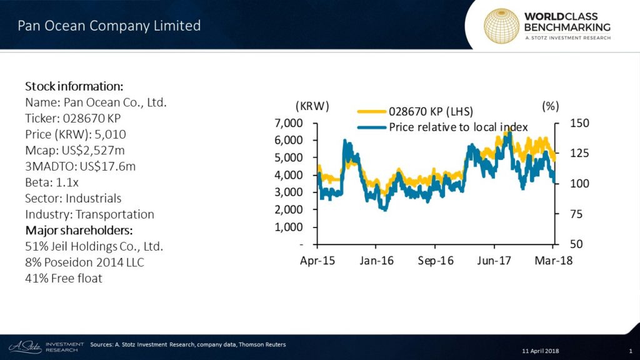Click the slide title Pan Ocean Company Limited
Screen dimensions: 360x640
109,26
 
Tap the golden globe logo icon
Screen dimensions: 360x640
502,26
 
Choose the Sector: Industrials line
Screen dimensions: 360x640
73,198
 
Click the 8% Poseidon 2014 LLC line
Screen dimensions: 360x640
84,262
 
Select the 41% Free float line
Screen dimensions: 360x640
63,279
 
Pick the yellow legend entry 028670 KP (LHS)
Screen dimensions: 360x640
430,111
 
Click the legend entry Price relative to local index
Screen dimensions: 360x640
457,127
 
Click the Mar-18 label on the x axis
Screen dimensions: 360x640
554,260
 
